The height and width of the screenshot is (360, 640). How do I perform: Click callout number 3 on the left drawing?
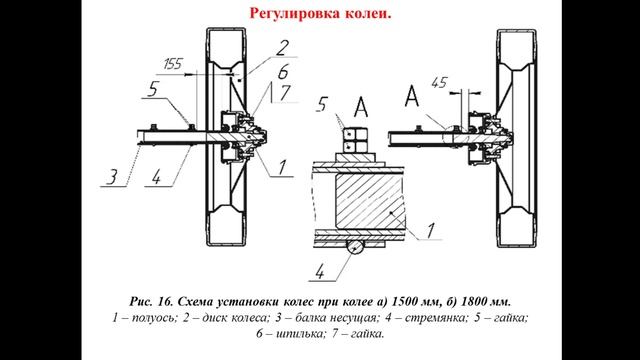[x=116, y=178]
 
